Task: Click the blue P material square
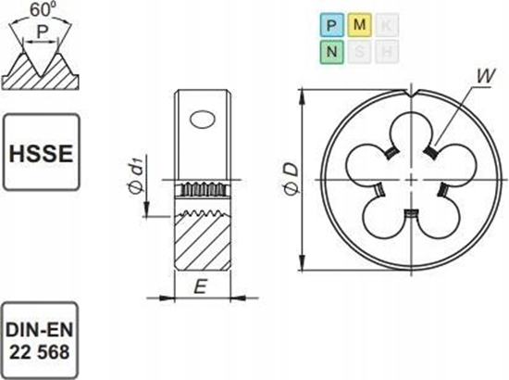[331, 25]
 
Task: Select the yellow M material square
[359, 25]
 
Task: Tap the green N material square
[331, 52]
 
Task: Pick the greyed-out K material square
[387, 25]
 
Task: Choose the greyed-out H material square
[387, 52]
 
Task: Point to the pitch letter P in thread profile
[43, 32]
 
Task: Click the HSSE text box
[42, 152]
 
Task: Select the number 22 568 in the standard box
[40, 352]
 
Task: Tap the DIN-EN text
[40, 330]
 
